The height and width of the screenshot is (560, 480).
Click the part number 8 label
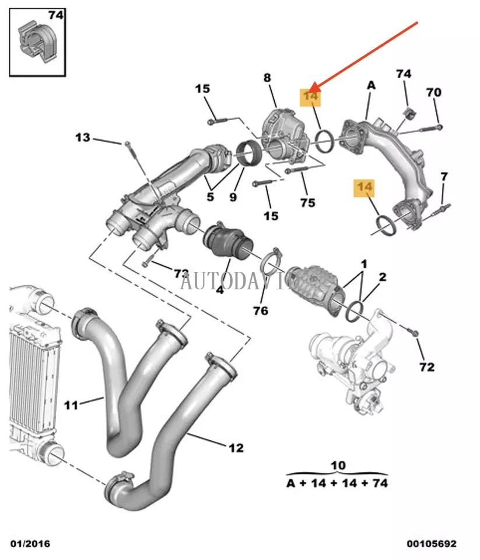tap(267, 77)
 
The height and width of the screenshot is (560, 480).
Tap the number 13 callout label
tap(83, 138)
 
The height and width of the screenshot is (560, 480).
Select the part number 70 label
tap(433, 92)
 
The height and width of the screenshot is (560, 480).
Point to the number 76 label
tap(261, 310)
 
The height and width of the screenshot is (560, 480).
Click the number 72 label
tap(427, 367)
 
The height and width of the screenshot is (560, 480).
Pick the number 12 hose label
tap(236, 448)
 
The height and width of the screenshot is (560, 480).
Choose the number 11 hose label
tap(71, 404)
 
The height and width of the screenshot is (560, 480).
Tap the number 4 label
tap(219, 289)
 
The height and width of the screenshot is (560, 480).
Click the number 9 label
tap(233, 197)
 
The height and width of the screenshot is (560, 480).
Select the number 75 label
tap(307, 202)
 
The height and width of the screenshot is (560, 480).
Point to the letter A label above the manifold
tap(371, 85)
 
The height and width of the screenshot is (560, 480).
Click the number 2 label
tap(382, 277)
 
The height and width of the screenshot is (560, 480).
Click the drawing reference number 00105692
tap(432, 544)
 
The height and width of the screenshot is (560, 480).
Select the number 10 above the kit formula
tap(338, 466)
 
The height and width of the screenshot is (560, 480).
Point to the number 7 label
tap(444, 176)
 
